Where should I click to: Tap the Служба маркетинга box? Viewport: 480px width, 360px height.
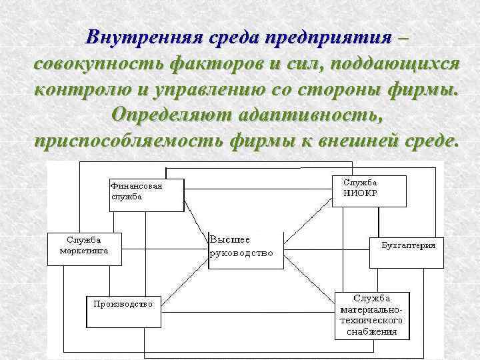tap(83, 248)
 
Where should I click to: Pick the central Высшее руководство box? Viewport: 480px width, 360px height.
tap(245, 250)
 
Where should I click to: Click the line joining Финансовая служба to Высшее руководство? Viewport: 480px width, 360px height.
tap(197, 221)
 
